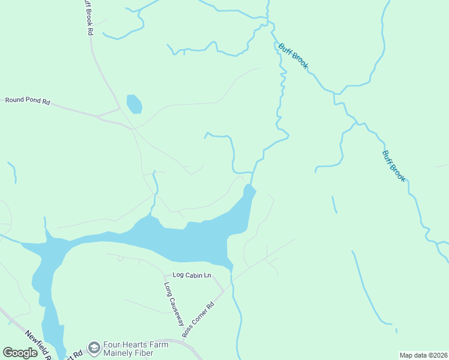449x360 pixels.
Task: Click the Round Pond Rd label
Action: click(x=28, y=100)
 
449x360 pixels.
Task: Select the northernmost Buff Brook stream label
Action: click(x=293, y=56)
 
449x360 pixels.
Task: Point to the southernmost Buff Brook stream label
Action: click(x=394, y=166)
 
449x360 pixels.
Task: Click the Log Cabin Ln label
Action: click(x=192, y=275)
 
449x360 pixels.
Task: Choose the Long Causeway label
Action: click(x=173, y=304)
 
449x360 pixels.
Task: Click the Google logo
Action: click(x=20, y=353)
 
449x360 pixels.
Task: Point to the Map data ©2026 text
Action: click(x=423, y=355)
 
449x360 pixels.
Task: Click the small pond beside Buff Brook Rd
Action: click(x=134, y=104)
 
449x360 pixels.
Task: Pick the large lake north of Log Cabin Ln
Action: click(x=180, y=240)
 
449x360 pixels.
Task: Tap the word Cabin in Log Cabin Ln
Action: click(x=193, y=275)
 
